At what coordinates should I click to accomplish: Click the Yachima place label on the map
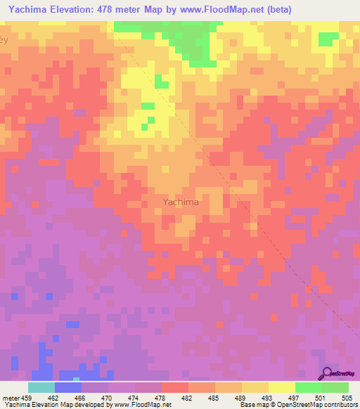click(x=181, y=202)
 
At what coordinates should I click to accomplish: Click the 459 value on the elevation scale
click(x=27, y=397)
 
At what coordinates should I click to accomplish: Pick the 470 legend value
click(x=108, y=397)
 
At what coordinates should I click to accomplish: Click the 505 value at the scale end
click(x=347, y=397)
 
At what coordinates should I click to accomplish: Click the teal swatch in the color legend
click(x=41, y=387)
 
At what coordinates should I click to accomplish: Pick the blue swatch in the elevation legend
click(x=67, y=387)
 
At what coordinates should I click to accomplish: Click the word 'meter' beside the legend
click(x=11, y=397)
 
